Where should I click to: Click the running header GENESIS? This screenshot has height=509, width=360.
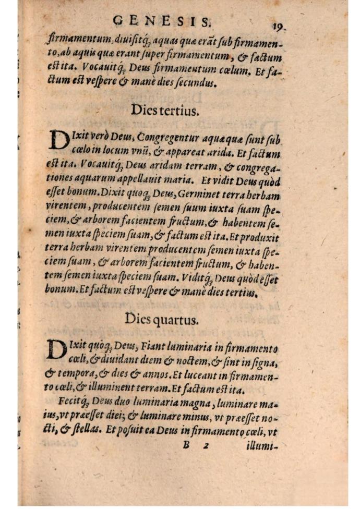point(162,21)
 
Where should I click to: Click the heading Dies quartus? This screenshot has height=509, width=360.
point(162,320)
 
